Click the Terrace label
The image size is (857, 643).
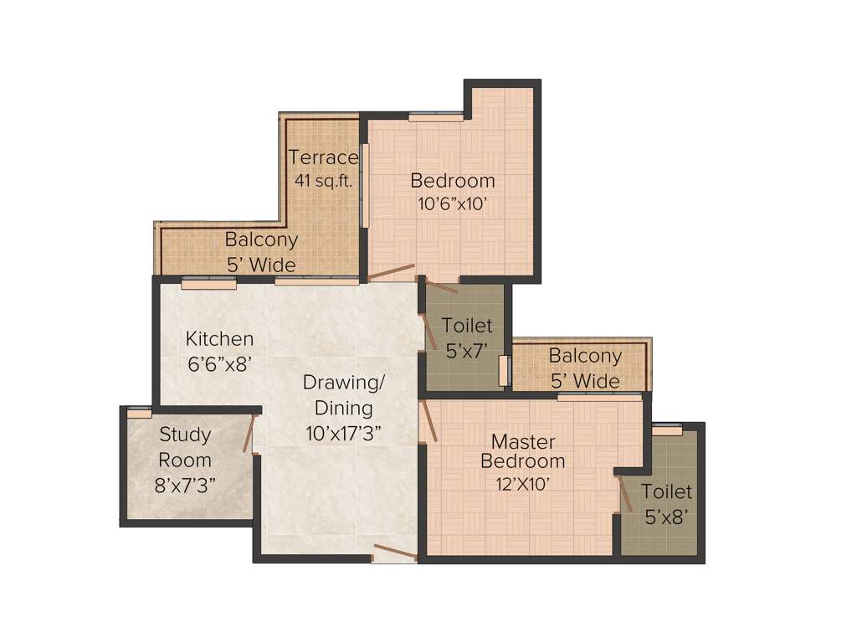(323, 157)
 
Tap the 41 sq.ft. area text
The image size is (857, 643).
(323, 179)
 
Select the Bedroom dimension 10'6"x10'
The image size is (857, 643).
(452, 203)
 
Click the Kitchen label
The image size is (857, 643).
(219, 339)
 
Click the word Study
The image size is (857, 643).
(185, 435)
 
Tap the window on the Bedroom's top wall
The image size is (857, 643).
(436, 118)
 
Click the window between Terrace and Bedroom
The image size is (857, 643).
(364, 184)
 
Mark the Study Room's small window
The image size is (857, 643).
(139, 412)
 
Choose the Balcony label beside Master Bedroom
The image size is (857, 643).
(585, 356)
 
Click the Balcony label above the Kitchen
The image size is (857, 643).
(261, 239)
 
